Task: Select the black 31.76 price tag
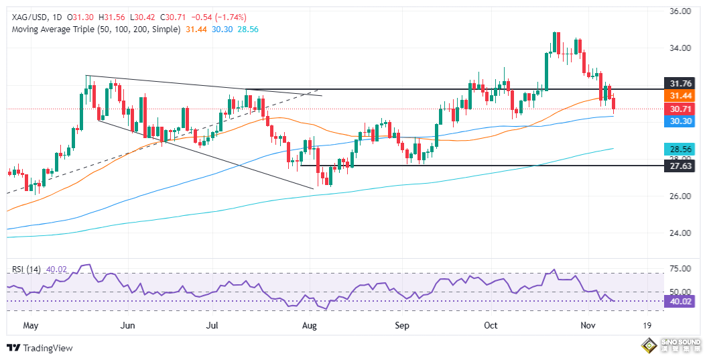click(x=680, y=83)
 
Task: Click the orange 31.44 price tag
click(x=680, y=95)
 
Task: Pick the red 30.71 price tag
click(x=680, y=109)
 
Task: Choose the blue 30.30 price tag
click(x=680, y=121)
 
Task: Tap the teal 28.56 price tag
click(x=680, y=148)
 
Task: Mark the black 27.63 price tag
click(x=680, y=166)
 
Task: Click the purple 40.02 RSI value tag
click(x=680, y=301)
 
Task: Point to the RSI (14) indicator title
click(x=26, y=269)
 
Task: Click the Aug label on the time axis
click(x=309, y=325)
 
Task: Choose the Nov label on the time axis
click(x=588, y=325)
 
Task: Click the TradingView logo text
click(x=46, y=348)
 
